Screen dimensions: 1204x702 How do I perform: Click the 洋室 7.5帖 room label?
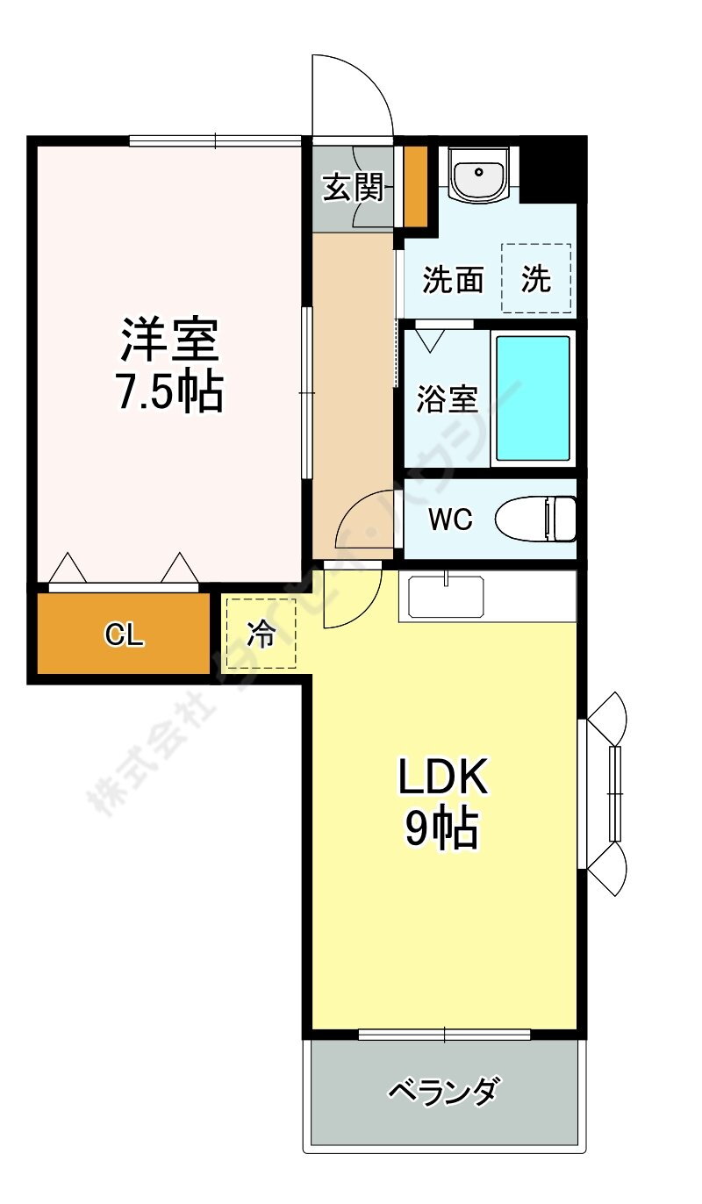170,365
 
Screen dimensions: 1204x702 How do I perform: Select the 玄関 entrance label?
353,187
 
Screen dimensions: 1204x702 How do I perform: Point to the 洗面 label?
453,279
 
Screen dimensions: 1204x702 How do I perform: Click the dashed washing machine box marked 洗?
536,279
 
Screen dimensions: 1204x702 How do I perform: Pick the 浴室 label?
447,399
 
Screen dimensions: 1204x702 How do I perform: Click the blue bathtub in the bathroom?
533,398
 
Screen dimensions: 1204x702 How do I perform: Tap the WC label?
450,520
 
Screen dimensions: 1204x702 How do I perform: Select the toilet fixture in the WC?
536,519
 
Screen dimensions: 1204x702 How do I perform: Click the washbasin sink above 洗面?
478,173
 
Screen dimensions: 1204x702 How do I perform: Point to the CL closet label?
124,635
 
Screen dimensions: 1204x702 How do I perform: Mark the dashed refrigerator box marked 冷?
261,634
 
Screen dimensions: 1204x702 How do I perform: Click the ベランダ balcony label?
444,1092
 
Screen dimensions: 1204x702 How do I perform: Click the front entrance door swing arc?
355,92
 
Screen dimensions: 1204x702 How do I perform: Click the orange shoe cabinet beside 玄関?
414,185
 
